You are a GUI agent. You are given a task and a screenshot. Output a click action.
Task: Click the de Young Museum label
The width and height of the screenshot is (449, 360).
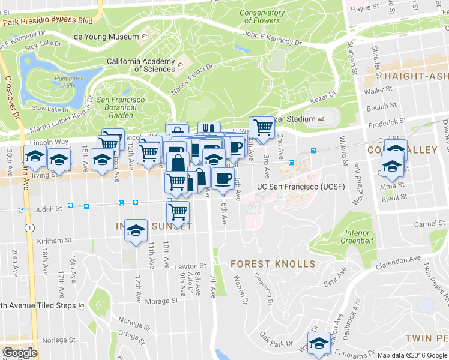[106, 37]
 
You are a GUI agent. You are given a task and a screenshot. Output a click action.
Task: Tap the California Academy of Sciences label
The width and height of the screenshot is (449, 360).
[141, 65]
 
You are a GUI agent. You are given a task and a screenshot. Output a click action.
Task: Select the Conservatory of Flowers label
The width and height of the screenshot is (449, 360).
[261, 17]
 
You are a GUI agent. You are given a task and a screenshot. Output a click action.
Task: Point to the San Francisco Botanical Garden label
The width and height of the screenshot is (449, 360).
[121, 107]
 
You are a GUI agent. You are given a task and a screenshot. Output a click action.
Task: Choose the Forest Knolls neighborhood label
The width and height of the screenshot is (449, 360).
[272, 264]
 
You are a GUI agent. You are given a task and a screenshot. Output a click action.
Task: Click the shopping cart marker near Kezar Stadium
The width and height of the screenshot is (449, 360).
[262, 127]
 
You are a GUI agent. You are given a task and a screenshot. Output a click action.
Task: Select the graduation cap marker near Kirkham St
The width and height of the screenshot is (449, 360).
[136, 230]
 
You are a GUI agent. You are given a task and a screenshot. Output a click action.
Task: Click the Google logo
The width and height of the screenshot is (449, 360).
[19, 353]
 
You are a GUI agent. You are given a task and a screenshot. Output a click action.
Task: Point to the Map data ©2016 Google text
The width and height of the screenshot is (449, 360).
[412, 355]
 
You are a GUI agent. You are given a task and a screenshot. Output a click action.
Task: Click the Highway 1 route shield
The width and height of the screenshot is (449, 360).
[29, 227]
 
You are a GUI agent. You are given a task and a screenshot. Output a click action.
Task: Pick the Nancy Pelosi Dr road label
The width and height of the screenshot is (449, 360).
[193, 79]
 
